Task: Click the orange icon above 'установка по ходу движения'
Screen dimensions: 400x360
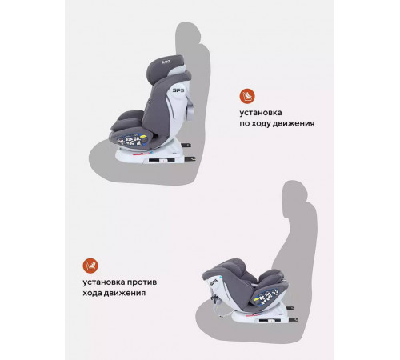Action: pyautogui.click(x=247, y=96)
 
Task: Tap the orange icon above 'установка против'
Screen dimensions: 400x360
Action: pyautogui.click(x=90, y=266)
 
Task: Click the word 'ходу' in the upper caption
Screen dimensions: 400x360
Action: pyautogui.click(x=262, y=124)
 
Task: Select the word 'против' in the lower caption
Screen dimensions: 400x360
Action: pyautogui.click(x=142, y=282)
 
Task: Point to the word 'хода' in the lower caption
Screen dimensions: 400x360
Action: pyautogui.click(x=92, y=293)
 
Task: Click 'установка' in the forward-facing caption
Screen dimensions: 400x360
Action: pyautogui.click(x=261, y=113)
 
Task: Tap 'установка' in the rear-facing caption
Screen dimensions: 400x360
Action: pyautogui.click(x=104, y=282)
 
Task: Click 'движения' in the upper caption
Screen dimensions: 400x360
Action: pyautogui.click(x=294, y=124)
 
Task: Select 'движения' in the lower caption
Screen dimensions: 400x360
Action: pyautogui.click(x=124, y=293)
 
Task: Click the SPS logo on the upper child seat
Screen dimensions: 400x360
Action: pyautogui.click(x=178, y=90)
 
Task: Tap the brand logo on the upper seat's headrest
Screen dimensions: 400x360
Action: pyautogui.click(x=166, y=62)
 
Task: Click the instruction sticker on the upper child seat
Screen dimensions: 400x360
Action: pyautogui.click(x=132, y=140)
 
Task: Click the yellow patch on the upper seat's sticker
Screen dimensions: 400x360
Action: pyautogui.click(x=143, y=138)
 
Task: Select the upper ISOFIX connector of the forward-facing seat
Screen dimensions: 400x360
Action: pyautogui.click(x=186, y=145)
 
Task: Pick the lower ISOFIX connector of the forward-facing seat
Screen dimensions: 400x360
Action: pyautogui.click(x=190, y=159)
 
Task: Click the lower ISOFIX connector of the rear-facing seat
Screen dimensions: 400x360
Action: pyautogui.click(x=293, y=319)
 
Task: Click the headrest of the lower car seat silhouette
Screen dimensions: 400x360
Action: pyautogui.click(x=295, y=191)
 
